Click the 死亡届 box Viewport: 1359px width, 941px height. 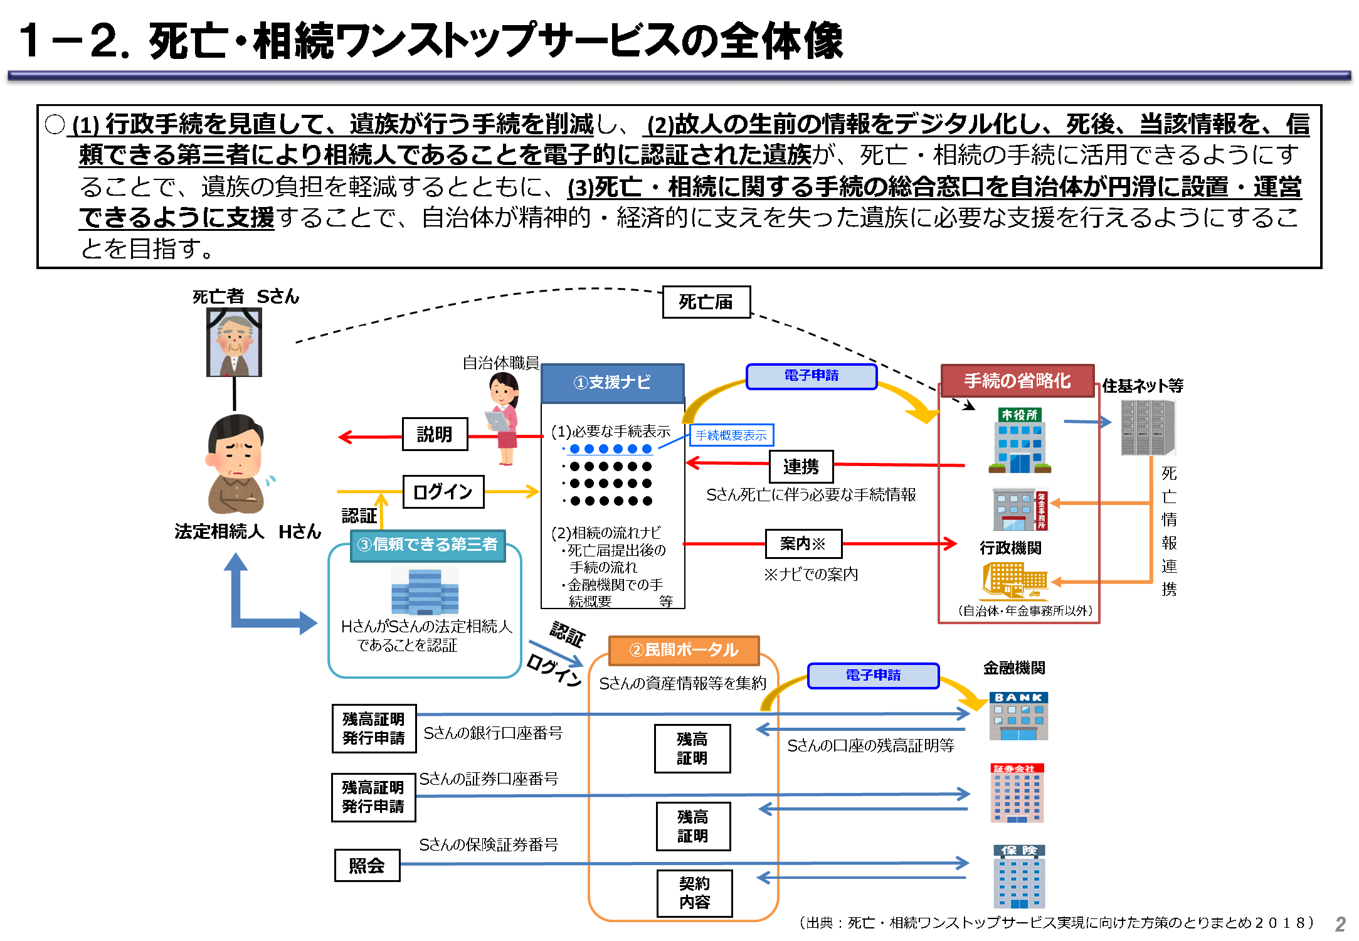click(706, 302)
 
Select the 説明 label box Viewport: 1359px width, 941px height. click(435, 434)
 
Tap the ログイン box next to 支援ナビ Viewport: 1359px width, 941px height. click(443, 492)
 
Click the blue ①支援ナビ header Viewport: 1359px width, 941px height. click(612, 383)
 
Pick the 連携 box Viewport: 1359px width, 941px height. click(801, 467)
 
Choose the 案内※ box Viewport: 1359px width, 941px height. click(803, 544)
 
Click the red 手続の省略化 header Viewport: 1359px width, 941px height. click(1017, 381)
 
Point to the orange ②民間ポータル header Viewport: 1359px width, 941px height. click(684, 650)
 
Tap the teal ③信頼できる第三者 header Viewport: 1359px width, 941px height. click(427, 545)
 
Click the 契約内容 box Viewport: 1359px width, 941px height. click(694, 893)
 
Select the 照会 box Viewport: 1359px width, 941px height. click(367, 866)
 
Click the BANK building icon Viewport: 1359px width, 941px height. click(1018, 716)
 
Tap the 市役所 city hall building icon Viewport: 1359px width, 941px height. click(1020, 440)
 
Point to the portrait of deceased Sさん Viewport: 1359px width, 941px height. click(234, 343)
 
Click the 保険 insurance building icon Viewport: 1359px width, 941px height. click(1019, 876)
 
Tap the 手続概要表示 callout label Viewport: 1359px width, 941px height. click(731, 435)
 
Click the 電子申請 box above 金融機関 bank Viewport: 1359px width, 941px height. click(873, 676)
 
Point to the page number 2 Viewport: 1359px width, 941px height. click(1340, 924)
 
